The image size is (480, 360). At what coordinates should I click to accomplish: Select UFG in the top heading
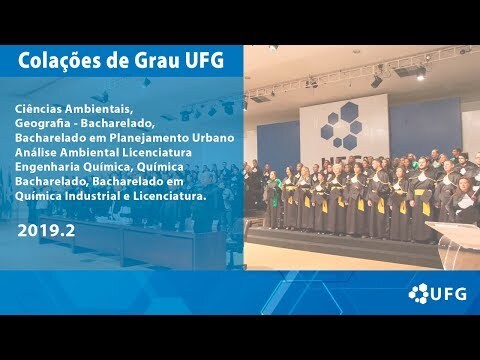(x=207, y=61)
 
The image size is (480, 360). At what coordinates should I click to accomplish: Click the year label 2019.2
(x=46, y=231)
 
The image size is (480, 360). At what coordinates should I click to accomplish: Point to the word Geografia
(x=42, y=124)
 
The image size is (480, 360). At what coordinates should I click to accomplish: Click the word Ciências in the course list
(x=38, y=109)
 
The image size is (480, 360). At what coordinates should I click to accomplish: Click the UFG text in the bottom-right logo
(x=448, y=294)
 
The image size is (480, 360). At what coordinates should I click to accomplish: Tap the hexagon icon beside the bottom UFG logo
(x=419, y=293)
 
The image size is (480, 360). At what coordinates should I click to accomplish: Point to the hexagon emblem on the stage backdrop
(x=342, y=126)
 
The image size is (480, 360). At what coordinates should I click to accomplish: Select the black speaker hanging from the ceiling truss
(x=376, y=82)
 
